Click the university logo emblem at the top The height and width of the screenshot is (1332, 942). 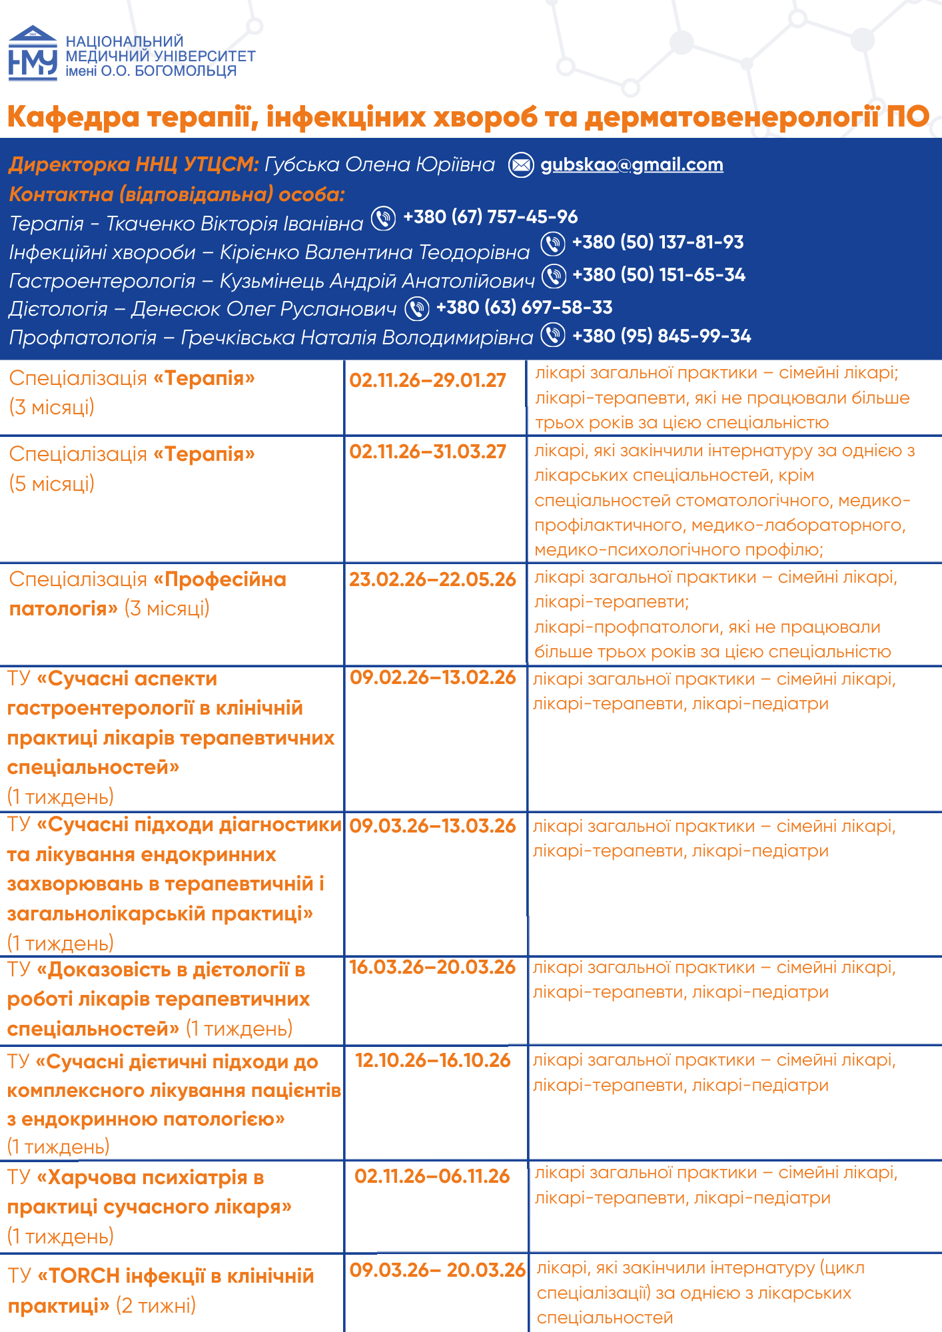[33, 53]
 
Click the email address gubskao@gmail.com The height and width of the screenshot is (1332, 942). [632, 165]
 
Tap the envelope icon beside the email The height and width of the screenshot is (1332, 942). [521, 165]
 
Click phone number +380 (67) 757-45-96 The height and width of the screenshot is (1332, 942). [490, 217]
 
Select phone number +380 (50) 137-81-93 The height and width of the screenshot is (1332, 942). [658, 242]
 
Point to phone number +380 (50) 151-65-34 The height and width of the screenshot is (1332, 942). [658, 275]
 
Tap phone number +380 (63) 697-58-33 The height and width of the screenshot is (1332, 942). [524, 308]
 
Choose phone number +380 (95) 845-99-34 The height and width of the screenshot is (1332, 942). [661, 336]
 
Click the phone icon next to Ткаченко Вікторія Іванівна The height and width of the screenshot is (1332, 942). [383, 218]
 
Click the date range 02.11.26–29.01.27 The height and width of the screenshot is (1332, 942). [428, 381]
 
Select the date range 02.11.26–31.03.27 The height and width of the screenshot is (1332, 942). [428, 452]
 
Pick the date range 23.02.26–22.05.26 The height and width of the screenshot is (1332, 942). [432, 580]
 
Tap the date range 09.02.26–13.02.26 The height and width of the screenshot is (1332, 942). [433, 678]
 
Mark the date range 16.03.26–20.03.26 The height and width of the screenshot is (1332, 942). [432, 968]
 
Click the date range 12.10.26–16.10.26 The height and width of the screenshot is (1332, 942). [432, 1061]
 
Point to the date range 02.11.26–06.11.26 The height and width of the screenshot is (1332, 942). [432, 1177]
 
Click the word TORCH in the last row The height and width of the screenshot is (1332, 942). [84, 1276]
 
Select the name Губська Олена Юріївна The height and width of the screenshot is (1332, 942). [379, 165]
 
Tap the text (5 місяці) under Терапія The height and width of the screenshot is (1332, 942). [52, 484]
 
